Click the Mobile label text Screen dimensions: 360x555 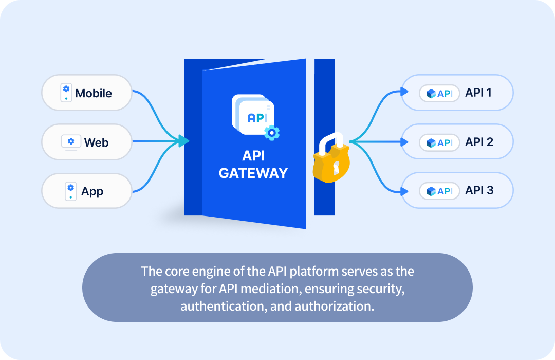tap(94, 93)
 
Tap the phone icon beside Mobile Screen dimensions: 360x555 tap(66, 93)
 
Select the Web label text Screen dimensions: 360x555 tap(96, 142)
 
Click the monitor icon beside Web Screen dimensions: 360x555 tap(70, 142)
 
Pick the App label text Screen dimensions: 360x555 tap(92, 191)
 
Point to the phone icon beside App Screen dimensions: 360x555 tap(70, 191)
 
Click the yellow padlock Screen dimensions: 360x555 tap(331, 159)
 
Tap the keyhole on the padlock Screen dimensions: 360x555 tap(336, 167)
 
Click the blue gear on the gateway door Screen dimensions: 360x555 tap(272, 132)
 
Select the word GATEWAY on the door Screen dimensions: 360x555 tap(253, 173)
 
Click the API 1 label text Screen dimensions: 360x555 tap(479, 93)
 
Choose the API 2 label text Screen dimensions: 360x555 tap(479, 141)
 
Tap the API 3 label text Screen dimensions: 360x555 tap(479, 190)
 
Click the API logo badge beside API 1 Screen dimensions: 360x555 tap(439, 93)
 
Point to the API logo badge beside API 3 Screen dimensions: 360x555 tap(439, 191)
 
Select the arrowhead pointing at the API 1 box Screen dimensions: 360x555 tap(405, 93)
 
